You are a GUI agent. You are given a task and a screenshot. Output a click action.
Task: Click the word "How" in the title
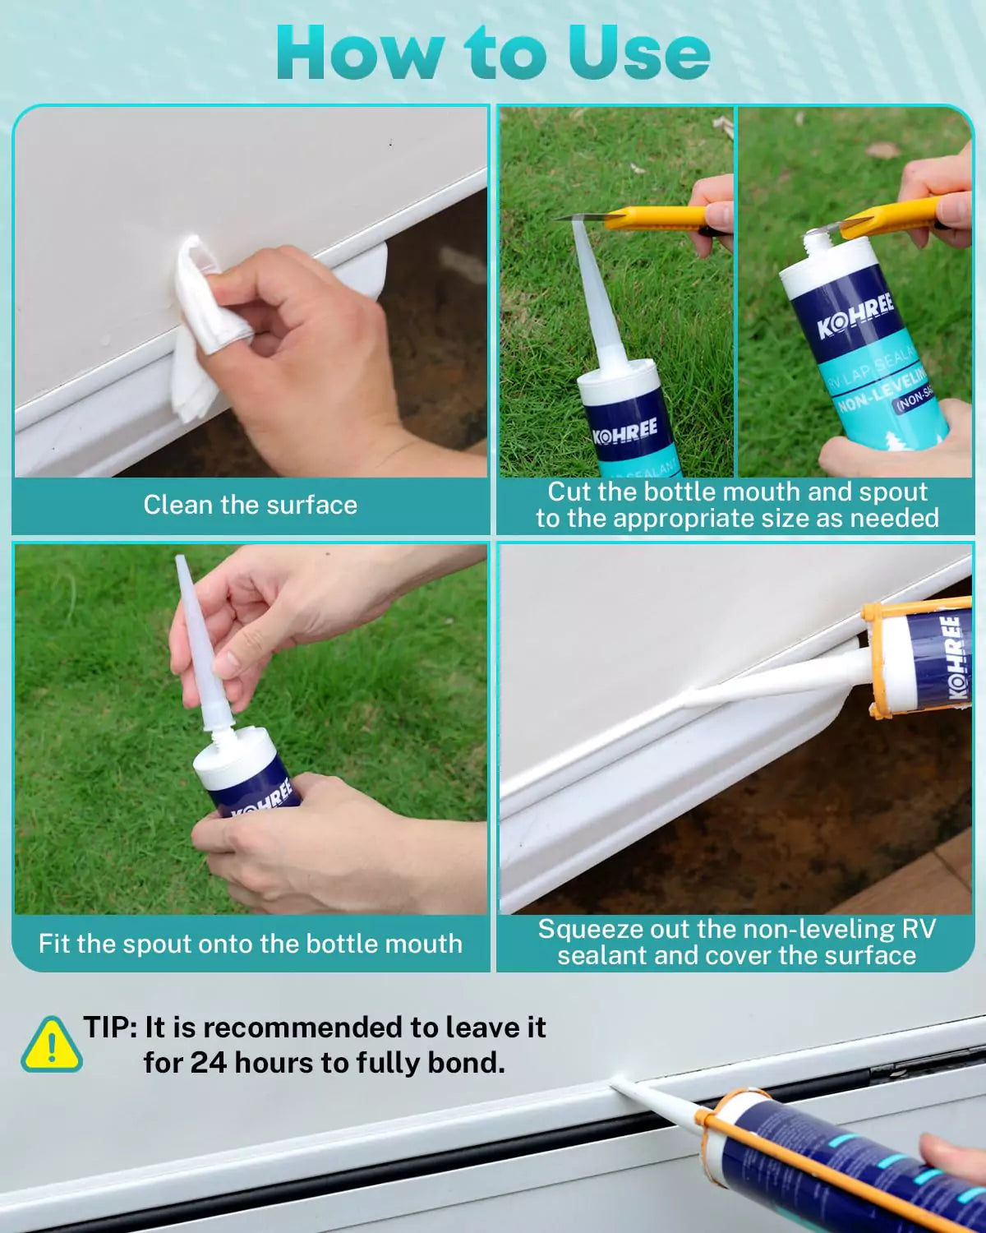(x=359, y=53)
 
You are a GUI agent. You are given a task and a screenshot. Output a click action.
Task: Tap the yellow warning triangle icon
(x=52, y=1045)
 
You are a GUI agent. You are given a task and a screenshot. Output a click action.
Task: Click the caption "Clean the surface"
(x=250, y=505)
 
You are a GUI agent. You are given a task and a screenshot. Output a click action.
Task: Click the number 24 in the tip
(x=208, y=1063)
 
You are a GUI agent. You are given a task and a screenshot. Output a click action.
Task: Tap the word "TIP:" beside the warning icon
(x=110, y=1027)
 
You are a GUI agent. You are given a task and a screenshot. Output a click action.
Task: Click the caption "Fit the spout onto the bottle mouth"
(x=250, y=944)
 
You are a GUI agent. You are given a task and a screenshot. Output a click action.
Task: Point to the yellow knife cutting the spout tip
(x=649, y=219)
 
